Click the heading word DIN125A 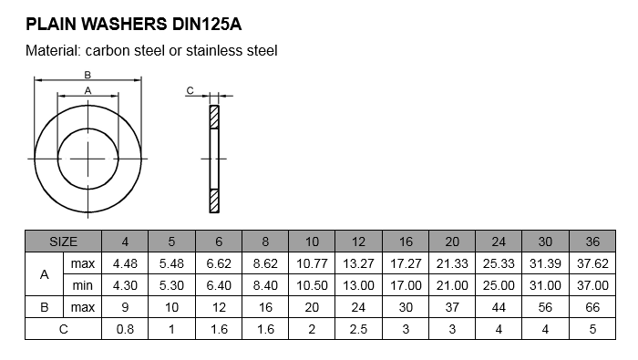tap(207, 25)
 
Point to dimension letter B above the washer tap(87, 75)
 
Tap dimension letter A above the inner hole tap(87, 91)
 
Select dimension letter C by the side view tap(190, 90)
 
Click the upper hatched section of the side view tap(214, 118)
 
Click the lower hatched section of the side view tap(214, 201)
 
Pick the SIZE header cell tap(63, 242)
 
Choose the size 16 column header tap(406, 242)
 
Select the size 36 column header tap(592, 242)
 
